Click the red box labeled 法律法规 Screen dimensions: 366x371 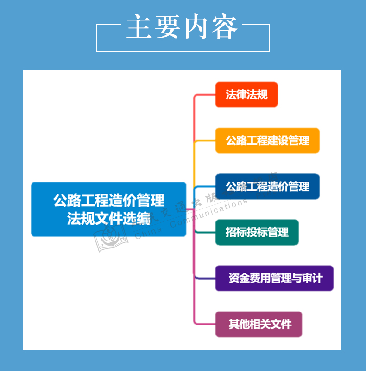coord(246,95)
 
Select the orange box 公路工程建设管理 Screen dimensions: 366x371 coord(267,140)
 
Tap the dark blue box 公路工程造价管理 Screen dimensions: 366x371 coord(267,187)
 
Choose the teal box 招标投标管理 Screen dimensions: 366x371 coord(257,232)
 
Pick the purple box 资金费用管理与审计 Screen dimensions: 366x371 coord(274,278)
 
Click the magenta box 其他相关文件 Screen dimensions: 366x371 coord(259,324)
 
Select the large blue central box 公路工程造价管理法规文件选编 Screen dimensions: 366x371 coord(108,209)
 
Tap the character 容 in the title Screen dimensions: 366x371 coord(226,27)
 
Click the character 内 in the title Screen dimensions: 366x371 coord(197,27)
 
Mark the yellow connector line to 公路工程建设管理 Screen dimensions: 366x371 coord(204,141)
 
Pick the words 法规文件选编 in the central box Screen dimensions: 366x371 coord(108,218)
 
